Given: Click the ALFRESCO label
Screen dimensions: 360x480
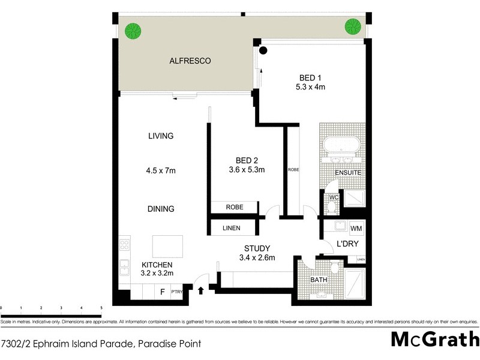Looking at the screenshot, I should [x=191, y=61].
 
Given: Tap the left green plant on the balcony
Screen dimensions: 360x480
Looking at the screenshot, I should [x=132, y=30].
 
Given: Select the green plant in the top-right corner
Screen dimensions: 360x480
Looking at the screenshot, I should [x=352, y=26].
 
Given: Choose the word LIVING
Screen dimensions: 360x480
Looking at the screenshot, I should [x=161, y=136].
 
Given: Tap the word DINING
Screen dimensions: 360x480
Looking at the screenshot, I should [x=161, y=209].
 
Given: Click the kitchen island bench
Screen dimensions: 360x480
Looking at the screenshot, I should [x=167, y=246].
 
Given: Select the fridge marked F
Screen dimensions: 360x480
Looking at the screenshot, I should [x=162, y=293].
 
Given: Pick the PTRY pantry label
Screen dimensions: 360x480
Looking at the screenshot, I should [x=176, y=293].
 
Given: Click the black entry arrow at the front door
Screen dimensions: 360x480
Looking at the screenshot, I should [x=201, y=292].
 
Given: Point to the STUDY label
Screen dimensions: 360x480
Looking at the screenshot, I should [x=257, y=248].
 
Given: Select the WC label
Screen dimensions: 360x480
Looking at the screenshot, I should [x=332, y=196].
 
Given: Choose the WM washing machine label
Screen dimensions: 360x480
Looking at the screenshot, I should [x=356, y=229].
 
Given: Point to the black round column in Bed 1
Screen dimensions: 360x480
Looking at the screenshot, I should [x=263, y=50].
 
